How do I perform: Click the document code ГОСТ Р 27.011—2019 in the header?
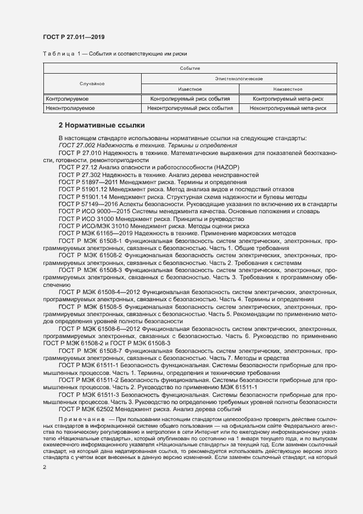(74, 37)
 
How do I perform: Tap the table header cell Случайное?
(92, 84)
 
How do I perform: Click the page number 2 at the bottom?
(44, 467)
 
